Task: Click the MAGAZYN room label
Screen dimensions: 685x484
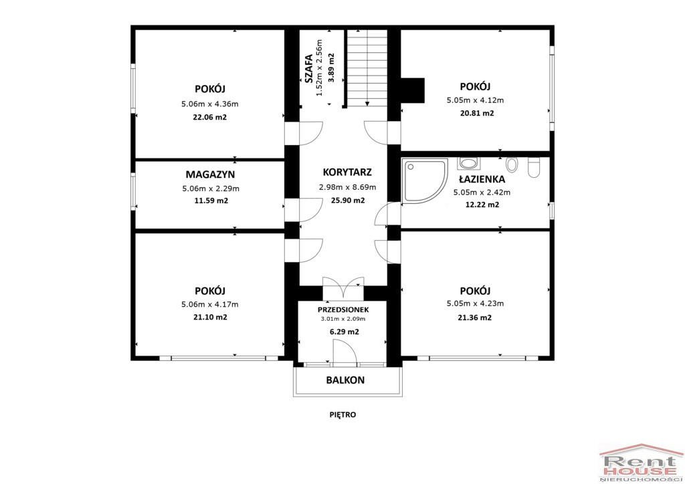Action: [x=210, y=174]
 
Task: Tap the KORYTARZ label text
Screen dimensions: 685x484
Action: [x=347, y=172]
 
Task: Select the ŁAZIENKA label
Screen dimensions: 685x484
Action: [x=482, y=179]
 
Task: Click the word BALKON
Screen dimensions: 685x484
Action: [x=345, y=380]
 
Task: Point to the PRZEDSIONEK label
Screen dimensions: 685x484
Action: [x=343, y=310]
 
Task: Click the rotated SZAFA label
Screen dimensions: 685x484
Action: [x=308, y=68]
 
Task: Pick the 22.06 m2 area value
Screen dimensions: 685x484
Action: [x=210, y=118]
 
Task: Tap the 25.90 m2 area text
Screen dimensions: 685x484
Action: [x=348, y=201]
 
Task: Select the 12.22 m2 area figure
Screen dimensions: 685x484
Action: [x=482, y=205]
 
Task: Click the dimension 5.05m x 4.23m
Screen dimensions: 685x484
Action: [x=476, y=304]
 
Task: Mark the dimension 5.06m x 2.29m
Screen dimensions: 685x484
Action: [x=211, y=189]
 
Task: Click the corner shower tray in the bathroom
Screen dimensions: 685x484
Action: [x=424, y=180]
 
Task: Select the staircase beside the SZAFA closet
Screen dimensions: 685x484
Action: [x=367, y=68]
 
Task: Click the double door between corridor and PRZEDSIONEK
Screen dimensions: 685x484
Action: [x=343, y=288]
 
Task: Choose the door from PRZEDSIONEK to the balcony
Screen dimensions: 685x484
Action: [x=345, y=352]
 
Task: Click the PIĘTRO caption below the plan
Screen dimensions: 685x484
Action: [x=343, y=414]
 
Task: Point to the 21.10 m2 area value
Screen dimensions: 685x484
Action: [x=210, y=318]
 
